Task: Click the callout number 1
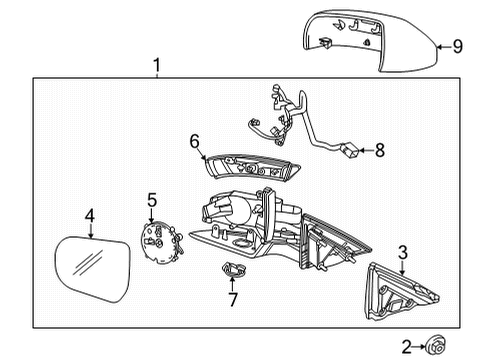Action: [157, 67]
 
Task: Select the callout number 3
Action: [403, 252]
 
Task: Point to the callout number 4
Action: [89, 215]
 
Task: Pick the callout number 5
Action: [151, 200]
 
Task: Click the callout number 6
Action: [196, 142]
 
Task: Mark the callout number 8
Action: [378, 152]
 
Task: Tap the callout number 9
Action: [457, 44]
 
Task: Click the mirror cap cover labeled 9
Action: [365, 42]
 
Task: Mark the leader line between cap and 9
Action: [440, 44]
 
